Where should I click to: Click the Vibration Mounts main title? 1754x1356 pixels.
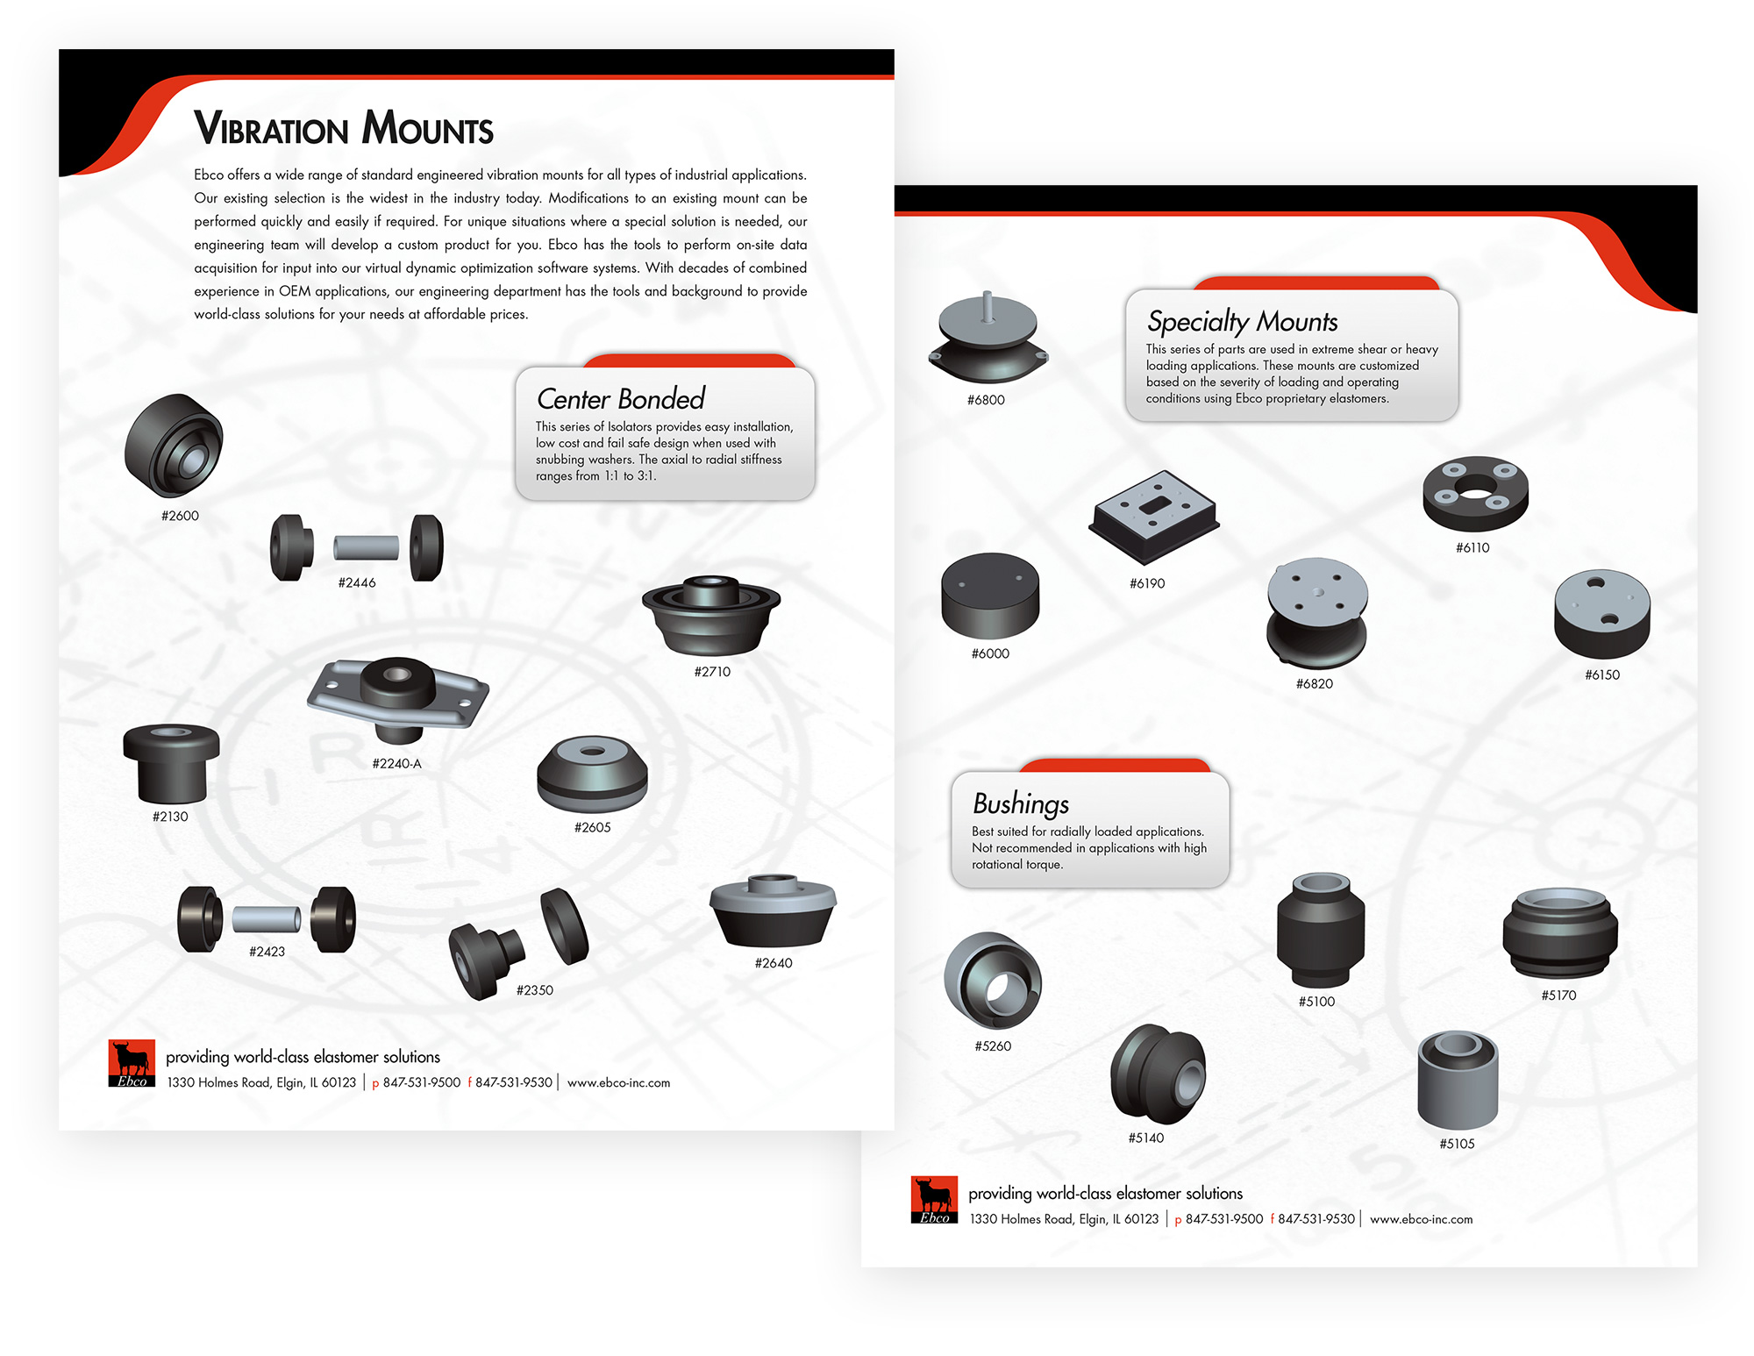343,128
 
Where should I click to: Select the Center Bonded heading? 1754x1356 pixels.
620,399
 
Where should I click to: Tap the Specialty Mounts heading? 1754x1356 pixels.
1242,322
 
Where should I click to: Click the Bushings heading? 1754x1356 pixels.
1020,803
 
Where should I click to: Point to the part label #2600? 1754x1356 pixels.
180,516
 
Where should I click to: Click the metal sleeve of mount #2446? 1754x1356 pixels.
366,548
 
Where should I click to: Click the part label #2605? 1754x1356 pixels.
592,827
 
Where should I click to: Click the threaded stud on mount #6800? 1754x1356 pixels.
988,305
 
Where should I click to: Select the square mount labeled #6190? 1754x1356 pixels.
1152,517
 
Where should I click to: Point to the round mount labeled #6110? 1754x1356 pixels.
1475,494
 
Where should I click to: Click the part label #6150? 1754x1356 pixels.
1601,674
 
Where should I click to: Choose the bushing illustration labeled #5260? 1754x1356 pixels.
992,981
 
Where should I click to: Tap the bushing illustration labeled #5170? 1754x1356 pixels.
1559,933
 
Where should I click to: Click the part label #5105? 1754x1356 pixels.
1456,1144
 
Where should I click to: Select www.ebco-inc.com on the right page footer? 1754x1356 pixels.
1421,1219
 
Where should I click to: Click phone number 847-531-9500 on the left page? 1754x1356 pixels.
421,1082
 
